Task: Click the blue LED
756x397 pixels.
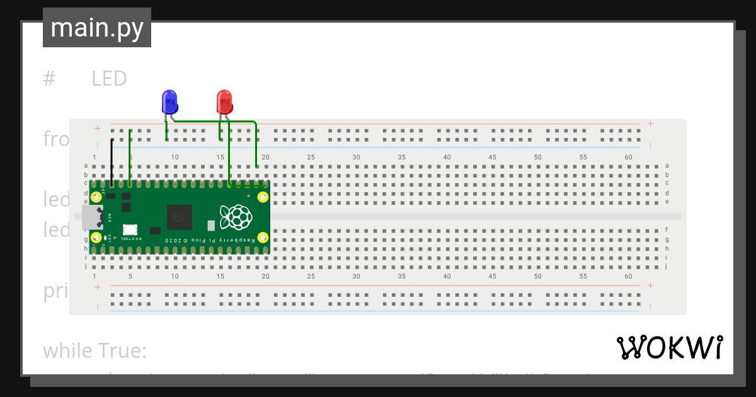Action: (169, 101)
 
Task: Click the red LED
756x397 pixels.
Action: (224, 101)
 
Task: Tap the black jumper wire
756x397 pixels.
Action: (112, 161)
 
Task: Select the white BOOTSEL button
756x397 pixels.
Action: (130, 230)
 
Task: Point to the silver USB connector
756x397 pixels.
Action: (91, 217)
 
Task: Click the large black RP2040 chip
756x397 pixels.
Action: (180, 217)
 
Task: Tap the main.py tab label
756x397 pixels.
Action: (97, 28)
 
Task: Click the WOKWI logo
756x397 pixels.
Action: (669, 347)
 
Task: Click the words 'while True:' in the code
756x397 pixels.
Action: (94, 351)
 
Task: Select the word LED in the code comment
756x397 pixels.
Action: (109, 79)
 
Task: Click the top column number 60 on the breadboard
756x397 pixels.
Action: (628, 157)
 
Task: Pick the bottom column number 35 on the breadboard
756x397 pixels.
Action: (401, 277)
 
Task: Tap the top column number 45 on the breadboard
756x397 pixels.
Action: (492, 157)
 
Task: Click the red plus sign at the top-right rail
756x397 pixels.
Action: (650, 124)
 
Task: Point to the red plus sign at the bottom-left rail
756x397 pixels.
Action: (98, 287)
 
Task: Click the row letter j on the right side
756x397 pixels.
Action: (667, 266)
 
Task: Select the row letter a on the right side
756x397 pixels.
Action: (667, 166)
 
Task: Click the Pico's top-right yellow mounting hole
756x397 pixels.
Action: (263, 197)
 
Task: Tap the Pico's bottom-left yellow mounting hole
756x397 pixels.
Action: (96, 238)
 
